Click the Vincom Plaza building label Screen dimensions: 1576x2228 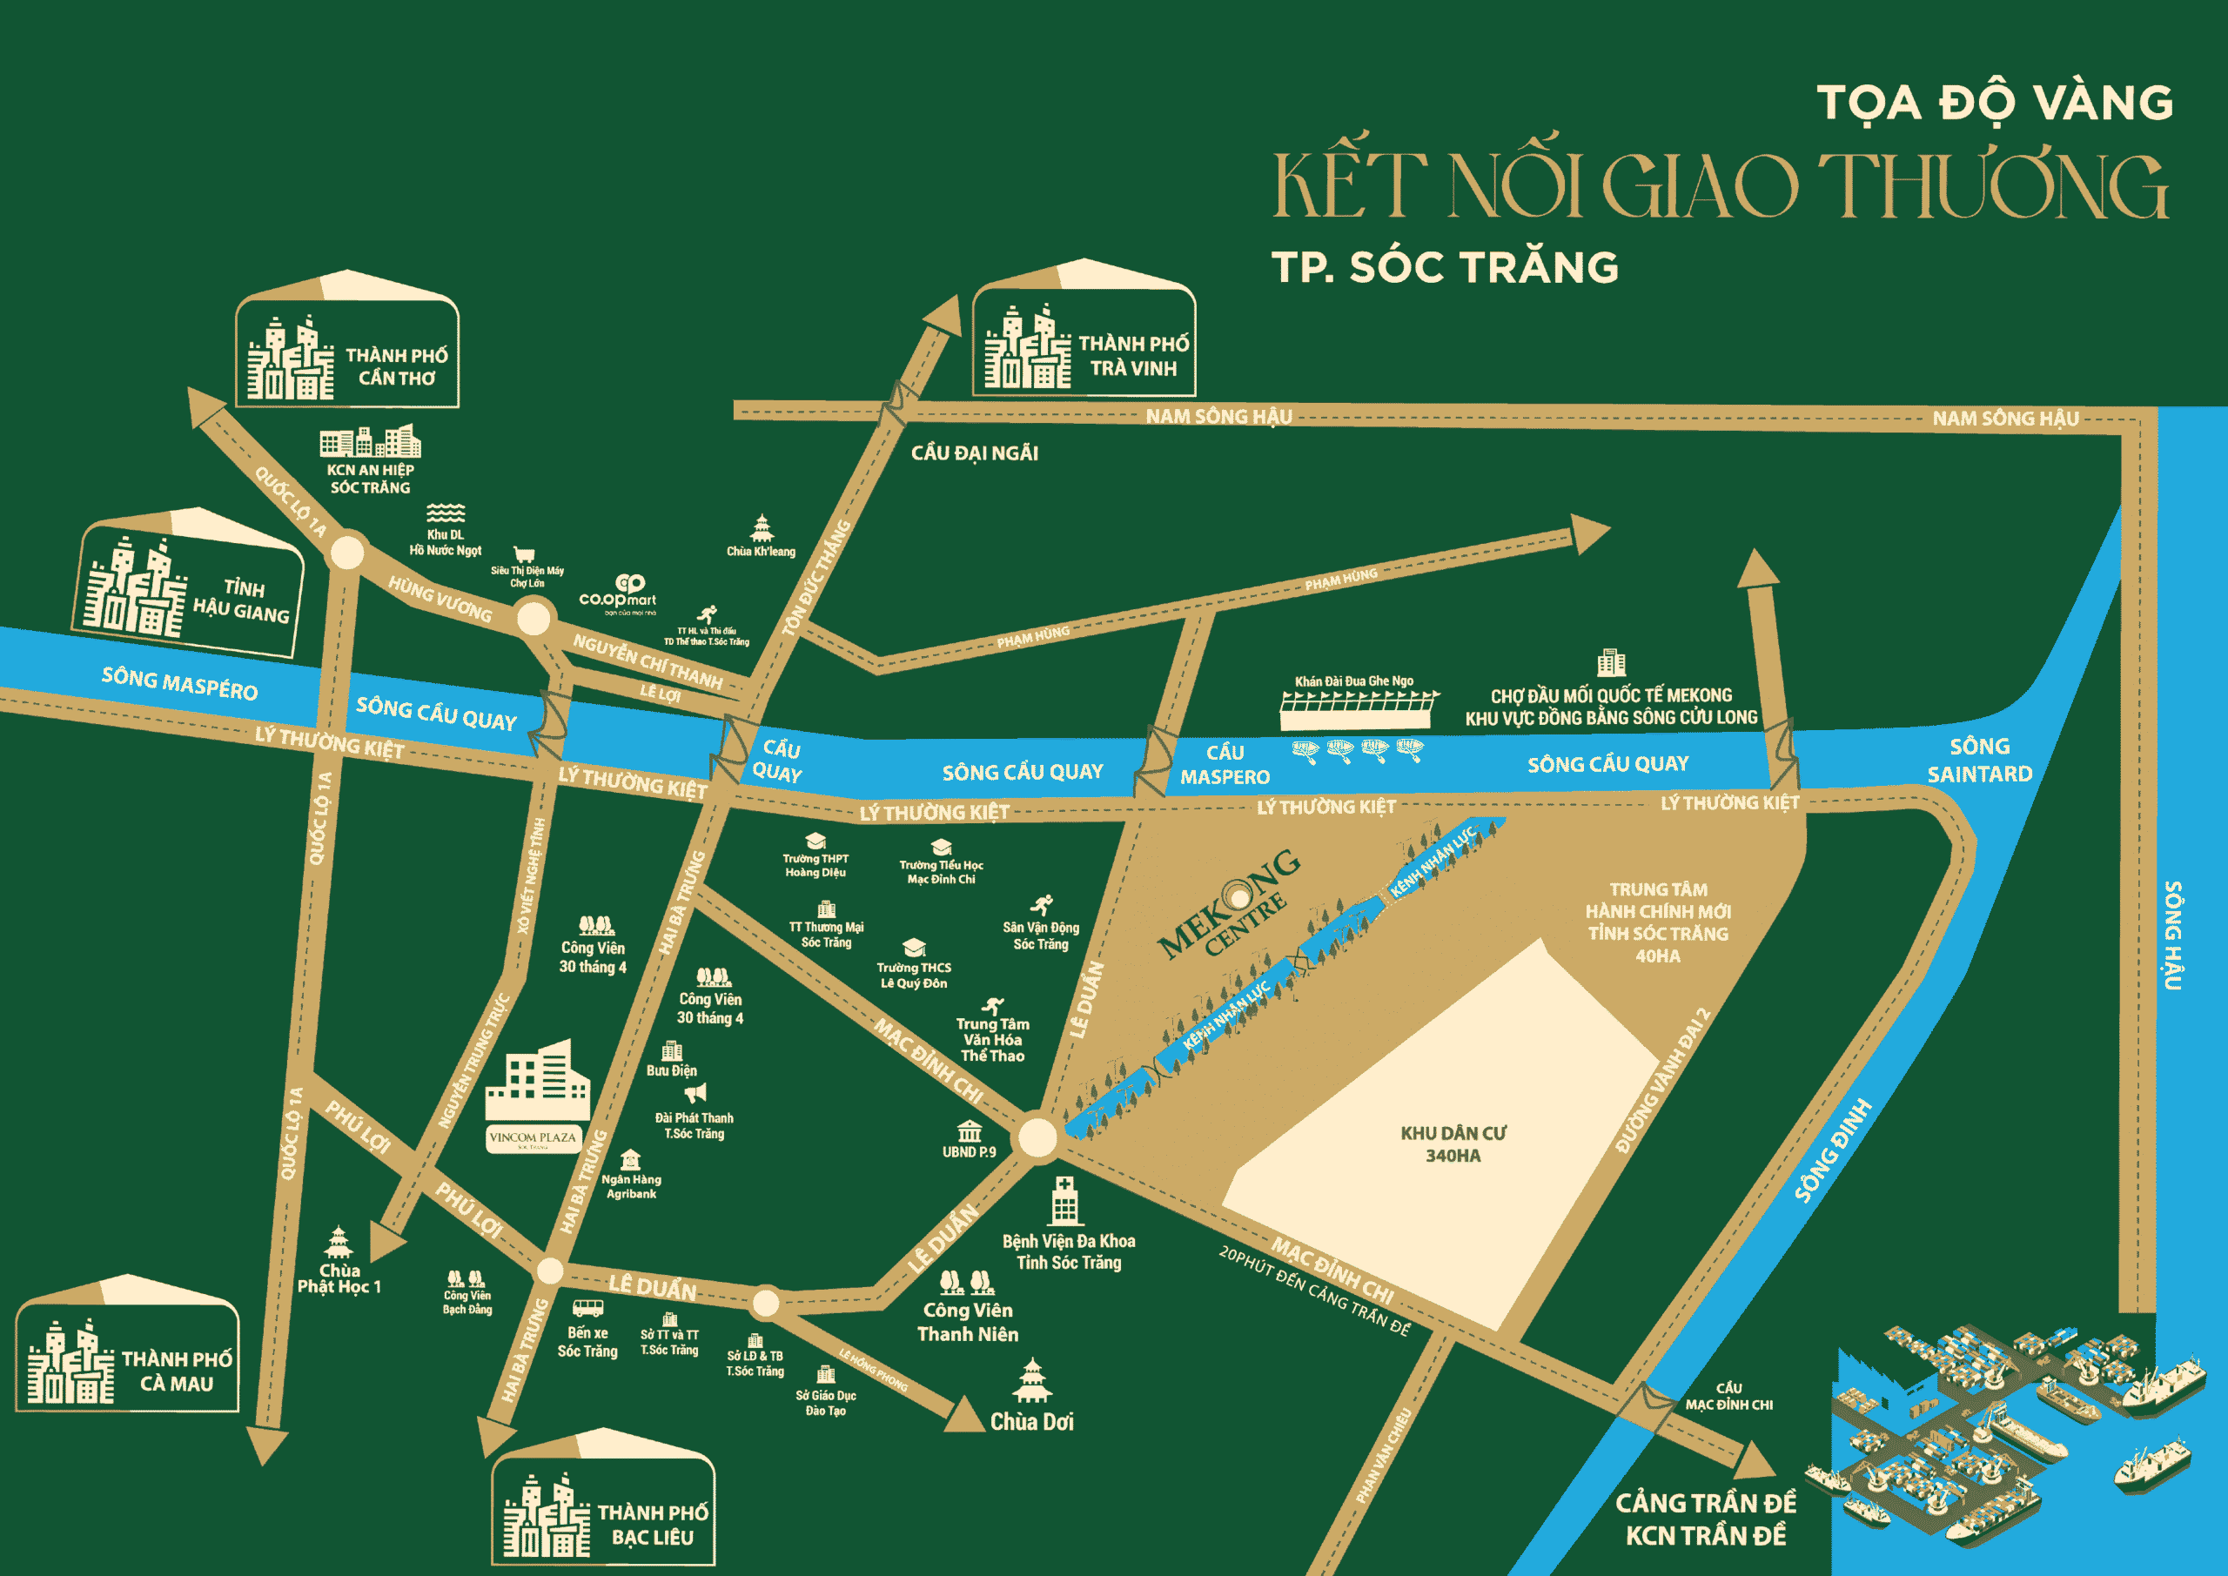pyautogui.click(x=533, y=1137)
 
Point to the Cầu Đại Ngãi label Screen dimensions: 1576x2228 pyautogui.click(x=974, y=453)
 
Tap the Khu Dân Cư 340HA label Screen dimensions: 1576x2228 pyautogui.click(x=1453, y=1144)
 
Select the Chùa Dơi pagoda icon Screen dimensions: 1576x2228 pyautogui.click(x=1031, y=1381)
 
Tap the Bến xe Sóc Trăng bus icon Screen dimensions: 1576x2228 pyautogui.click(x=587, y=1309)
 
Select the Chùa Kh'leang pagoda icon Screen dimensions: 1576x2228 pyautogui.click(x=762, y=529)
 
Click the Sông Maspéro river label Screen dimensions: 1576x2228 pyautogui.click(x=179, y=683)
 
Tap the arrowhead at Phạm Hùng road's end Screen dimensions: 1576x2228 pyautogui.click(x=1588, y=533)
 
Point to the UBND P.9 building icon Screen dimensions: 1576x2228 pyautogui.click(x=970, y=1131)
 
